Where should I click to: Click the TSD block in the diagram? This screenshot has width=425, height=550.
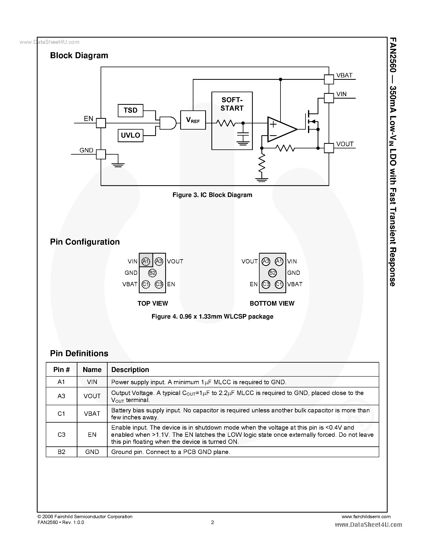pos(130,111)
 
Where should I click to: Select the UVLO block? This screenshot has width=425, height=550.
pos(130,135)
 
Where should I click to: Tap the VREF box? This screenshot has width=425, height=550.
pos(193,120)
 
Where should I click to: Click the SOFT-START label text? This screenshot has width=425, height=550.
pos(232,104)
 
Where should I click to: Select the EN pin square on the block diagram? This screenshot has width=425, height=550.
pos(101,123)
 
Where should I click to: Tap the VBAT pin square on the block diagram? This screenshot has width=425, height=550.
pos(329,79)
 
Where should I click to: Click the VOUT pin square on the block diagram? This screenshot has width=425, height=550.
pos(329,148)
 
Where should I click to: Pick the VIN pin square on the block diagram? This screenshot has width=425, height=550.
pos(329,98)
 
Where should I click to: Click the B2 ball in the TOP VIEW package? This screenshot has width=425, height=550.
pos(152,273)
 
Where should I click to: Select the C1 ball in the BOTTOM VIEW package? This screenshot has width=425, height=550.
pos(279,284)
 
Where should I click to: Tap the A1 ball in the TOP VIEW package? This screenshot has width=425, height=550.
pos(146,261)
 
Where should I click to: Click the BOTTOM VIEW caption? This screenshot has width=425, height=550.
pos(272,303)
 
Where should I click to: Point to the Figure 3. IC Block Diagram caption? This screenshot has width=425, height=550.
pos(212,195)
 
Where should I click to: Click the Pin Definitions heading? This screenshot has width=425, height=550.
pos(79,353)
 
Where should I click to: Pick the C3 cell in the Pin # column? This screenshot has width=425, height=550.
pos(61,434)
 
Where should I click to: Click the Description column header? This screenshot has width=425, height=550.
pos(130,369)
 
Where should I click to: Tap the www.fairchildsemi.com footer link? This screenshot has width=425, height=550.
pos(366,517)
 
